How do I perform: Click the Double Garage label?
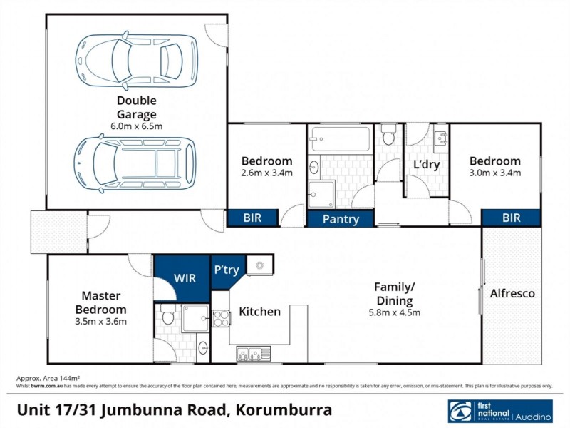coord(137,107)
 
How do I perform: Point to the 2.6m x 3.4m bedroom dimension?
coord(266,173)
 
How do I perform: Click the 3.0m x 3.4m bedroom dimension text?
coord(494,173)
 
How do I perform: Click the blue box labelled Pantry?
coord(341,219)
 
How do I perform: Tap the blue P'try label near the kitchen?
coord(227,269)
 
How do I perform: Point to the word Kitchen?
coord(259,312)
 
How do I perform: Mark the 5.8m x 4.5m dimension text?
coord(395,312)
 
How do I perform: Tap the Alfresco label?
coord(512,293)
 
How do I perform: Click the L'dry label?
coord(426,164)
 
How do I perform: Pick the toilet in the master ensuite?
coord(167,315)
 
